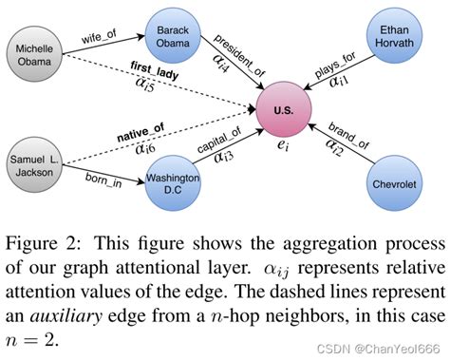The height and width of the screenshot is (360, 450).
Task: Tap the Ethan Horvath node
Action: click(x=394, y=35)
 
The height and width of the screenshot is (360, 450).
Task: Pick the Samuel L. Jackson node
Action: click(x=34, y=162)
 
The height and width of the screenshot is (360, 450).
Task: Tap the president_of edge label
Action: click(x=234, y=51)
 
